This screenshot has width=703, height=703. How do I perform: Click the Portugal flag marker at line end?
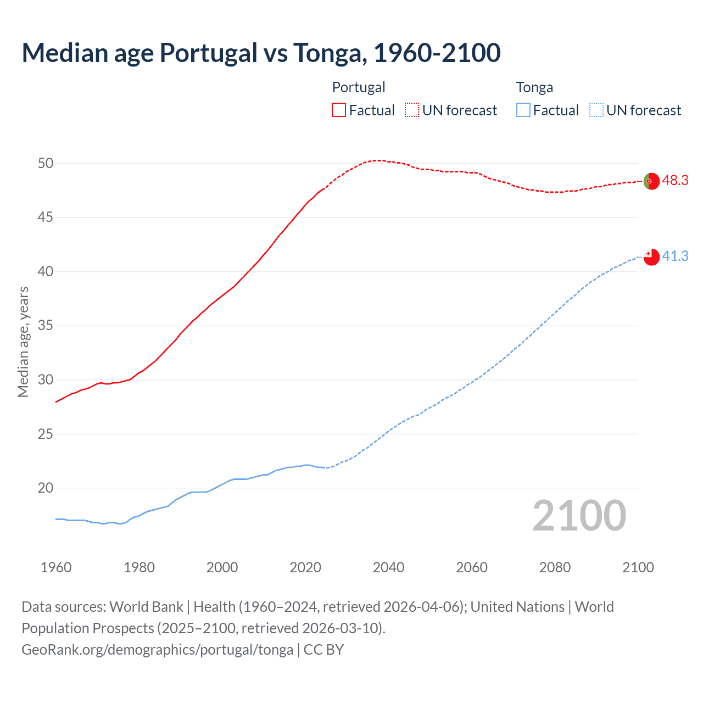point(651,181)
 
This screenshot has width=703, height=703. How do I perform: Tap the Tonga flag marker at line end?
point(651,256)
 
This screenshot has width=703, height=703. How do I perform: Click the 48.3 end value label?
point(675,181)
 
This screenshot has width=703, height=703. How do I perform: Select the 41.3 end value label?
point(675,256)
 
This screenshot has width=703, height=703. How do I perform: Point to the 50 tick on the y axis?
point(46,163)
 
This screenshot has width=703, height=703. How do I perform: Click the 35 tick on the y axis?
point(46,326)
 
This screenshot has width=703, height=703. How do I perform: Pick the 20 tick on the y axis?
point(46,488)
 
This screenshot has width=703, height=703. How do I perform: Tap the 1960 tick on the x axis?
point(56,567)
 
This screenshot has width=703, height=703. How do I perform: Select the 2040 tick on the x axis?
point(388,567)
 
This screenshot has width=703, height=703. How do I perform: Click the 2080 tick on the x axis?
point(555,567)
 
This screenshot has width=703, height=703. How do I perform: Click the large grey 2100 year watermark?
point(579,516)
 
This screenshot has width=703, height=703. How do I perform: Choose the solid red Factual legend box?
point(339,110)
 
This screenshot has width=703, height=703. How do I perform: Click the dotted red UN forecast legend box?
point(412,110)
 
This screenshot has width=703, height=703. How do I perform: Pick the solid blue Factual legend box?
point(523,110)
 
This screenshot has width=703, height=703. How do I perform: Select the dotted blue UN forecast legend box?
point(596,110)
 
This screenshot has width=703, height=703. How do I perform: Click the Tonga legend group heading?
point(534,87)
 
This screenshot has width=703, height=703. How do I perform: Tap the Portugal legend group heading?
point(359,87)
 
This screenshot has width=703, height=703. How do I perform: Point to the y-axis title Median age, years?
point(23,342)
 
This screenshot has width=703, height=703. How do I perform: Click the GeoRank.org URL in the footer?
point(158,650)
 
